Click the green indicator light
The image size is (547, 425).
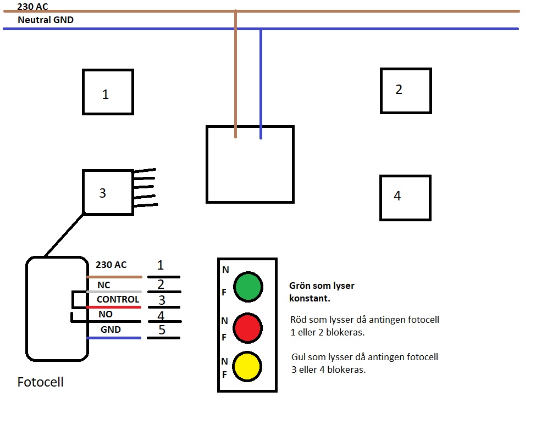[x=248, y=287]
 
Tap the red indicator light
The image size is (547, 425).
[x=248, y=328]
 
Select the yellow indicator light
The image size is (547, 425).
[x=247, y=366]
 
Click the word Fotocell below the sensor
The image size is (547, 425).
[x=41, y=382]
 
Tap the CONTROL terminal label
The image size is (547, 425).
[x=118, y=299]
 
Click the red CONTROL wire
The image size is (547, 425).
[x=114, y=307]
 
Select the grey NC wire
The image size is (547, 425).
[x=114, y=292]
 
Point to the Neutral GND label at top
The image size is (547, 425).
[x=46, y=20]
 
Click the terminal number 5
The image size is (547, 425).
[x=162, y=329]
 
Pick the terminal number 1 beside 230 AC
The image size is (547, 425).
[x=160, y=265]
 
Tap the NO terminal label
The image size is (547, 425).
[x=106, y=314]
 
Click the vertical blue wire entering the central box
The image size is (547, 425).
[x=261, y=84]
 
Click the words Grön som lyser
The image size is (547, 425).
[x=322, y=286]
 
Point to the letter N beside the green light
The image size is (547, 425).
[x=226, y=270]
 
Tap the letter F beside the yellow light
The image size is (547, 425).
[x=225, y=374]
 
